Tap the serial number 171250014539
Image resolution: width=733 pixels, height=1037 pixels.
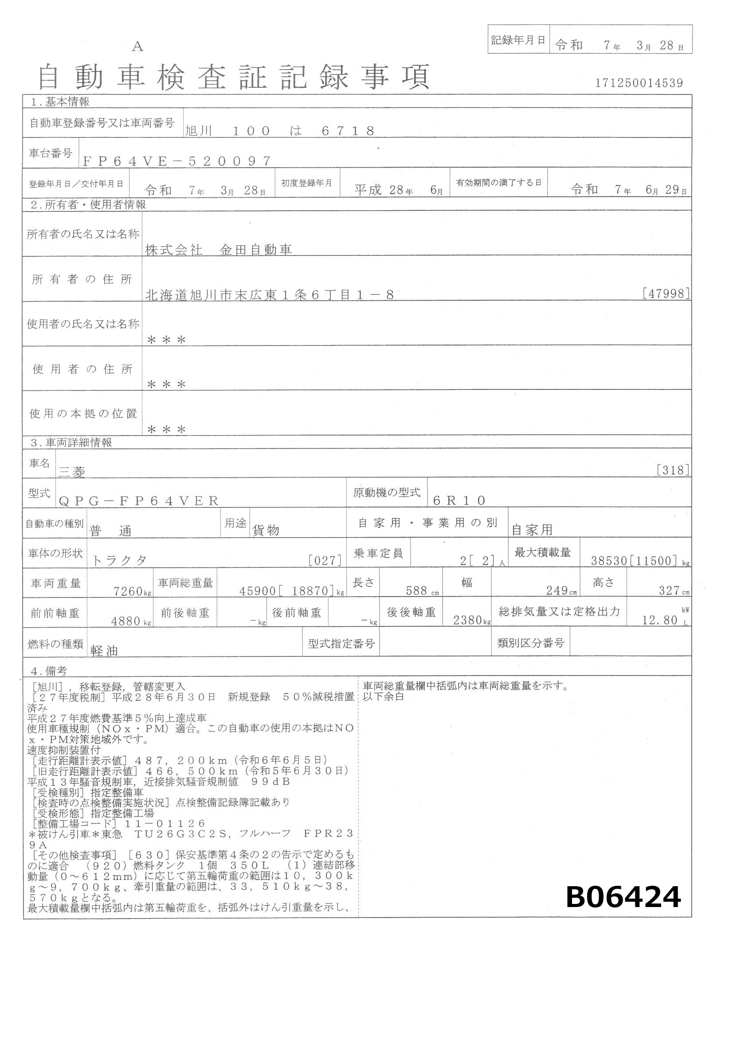coord(639,83)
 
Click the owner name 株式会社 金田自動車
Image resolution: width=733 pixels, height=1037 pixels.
coord(219,250)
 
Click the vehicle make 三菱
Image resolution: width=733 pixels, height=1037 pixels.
coord(72,472)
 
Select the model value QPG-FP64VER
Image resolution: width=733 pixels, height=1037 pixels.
coord(139,500)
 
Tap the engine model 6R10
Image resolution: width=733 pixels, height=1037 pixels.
coord(459,500)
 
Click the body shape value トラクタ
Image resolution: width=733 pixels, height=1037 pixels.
coord(120,561)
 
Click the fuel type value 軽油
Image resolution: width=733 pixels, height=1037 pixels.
coord(104,651)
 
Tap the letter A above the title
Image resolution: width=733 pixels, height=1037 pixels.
coord(137,47)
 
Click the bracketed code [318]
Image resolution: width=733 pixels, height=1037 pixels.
coord(673,471)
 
